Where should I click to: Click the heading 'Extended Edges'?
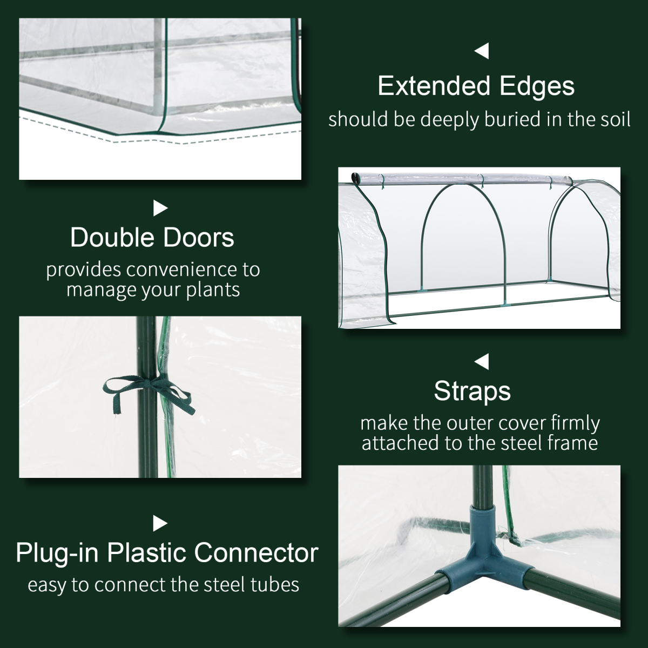476,86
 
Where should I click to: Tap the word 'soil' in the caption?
611,119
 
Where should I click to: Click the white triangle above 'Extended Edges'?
482,52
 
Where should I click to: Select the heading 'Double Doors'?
152,238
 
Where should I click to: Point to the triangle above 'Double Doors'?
160,208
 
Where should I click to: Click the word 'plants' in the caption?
213,290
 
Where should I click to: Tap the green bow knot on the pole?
147,390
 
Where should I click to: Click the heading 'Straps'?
472,391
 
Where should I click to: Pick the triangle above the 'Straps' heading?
482,361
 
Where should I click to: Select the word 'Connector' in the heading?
256,553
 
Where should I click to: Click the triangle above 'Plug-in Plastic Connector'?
160,523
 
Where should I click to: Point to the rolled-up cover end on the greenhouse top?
355,178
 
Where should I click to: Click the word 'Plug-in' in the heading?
57,553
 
